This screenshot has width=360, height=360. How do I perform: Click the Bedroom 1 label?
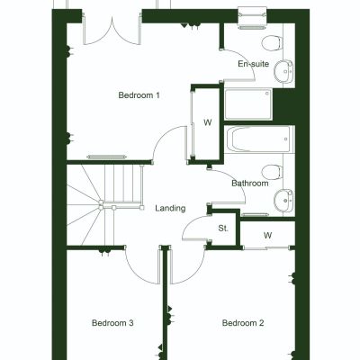(139, 94)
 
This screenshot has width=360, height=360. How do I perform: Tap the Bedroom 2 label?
(243, 323)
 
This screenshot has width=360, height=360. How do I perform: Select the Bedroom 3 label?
(113, 323)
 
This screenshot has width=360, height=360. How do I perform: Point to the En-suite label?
(253, 65)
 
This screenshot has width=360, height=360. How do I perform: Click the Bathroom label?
(249, 184)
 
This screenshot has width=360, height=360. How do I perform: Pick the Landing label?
(170, 209)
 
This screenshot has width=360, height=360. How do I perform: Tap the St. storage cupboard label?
(223, 229)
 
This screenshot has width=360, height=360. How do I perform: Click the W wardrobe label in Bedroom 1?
(206, 122)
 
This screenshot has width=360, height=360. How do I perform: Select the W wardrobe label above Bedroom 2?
(267, 236)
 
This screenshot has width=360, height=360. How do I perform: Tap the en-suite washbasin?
(284, 71)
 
